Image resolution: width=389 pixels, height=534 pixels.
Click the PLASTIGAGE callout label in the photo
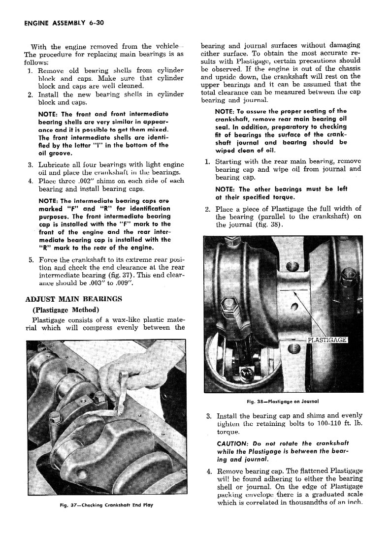pyautogui.click(x=327, y=340)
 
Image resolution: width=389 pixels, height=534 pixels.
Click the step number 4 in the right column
pyautogui.click(x=209, y=471)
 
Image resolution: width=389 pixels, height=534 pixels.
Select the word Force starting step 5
pyautogui.click(x=48, y=260)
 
